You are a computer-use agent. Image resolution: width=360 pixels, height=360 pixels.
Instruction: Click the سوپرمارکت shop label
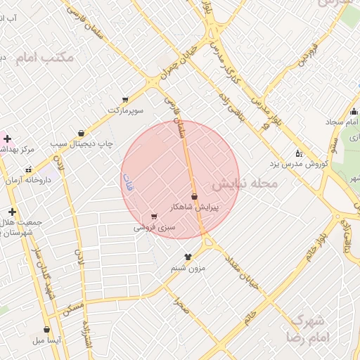[x=126, y=111]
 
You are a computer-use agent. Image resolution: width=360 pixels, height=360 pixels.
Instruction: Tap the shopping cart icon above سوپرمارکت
[x=125, y=100]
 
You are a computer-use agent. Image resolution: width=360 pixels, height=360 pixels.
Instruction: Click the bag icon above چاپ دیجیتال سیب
[x=82, y=133]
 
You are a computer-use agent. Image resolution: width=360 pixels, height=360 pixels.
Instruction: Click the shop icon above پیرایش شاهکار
[x=194, y=196]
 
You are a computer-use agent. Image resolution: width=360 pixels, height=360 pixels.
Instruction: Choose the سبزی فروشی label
[x=155, y=228]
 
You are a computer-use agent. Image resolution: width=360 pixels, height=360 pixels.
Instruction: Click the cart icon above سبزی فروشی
[x=154, y=217]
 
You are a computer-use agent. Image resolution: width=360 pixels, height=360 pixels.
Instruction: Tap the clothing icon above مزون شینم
[x=188, y=257]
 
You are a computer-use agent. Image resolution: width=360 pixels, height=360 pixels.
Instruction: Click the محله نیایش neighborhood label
[x=245, y=184]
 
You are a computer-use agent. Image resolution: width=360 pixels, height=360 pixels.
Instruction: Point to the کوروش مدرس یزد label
[x=299, y=165]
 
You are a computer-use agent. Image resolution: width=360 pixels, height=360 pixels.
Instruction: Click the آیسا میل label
[x=47, y=340]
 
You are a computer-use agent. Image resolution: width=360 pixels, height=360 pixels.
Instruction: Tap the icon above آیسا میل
[x=46, y=329]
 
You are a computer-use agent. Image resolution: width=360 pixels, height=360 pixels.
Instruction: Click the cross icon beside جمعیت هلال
[x=11, y=211]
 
